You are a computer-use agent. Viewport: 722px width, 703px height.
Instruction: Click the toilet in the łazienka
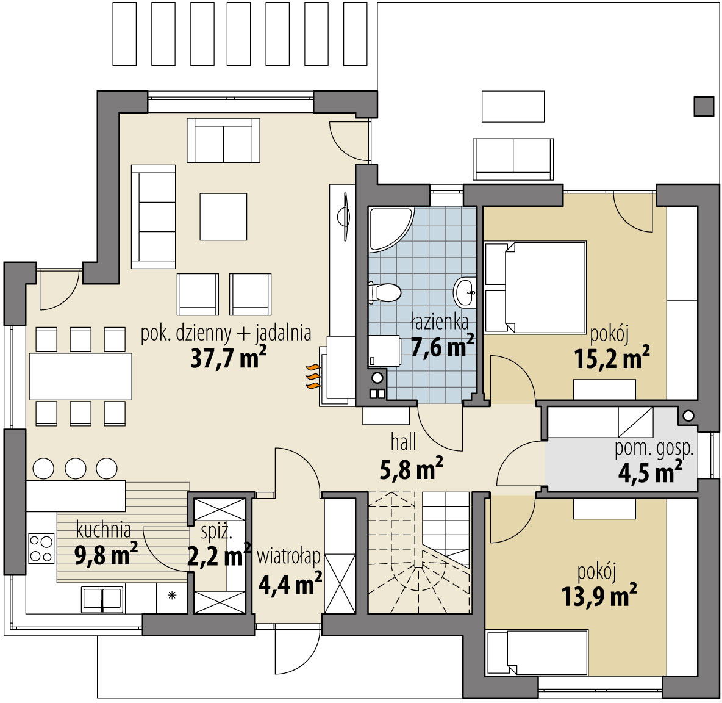[385, 292]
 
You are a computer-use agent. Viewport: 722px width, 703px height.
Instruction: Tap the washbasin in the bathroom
[465, 292]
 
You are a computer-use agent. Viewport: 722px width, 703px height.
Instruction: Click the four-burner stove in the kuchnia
[41, 548]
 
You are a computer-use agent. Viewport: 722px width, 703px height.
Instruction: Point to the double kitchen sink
[102, 600]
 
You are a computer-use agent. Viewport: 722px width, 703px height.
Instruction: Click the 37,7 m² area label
[229, 358]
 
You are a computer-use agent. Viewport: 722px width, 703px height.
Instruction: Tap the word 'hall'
[403, 442]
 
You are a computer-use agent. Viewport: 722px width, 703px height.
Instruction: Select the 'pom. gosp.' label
[654, 449]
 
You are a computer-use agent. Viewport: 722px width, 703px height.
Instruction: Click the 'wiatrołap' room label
[288, 557]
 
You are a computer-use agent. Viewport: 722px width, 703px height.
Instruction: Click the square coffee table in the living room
[223, 217]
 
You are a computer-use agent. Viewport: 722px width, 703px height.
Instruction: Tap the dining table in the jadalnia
[80, 377]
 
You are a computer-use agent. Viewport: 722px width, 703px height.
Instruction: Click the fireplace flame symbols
[313, 377]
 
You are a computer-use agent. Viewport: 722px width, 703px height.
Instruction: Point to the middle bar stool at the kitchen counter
[75, 468]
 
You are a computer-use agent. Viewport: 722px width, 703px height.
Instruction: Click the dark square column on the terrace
[704, 106]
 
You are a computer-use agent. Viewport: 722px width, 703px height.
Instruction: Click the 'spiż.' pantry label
[217, 533]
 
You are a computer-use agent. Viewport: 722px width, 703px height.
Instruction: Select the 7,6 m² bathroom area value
[442, 345]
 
